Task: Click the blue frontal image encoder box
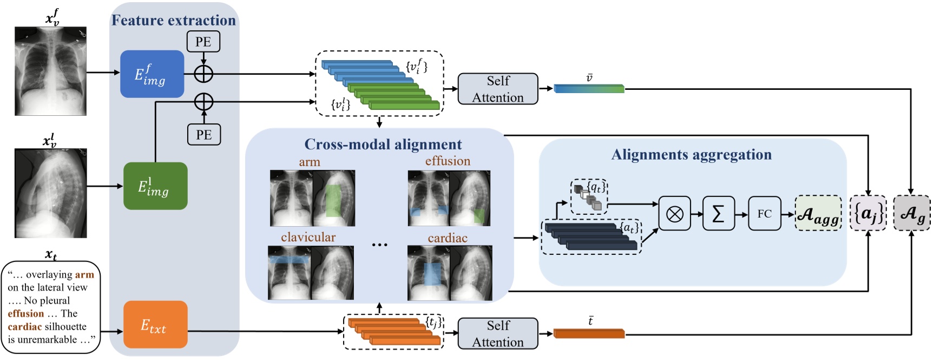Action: click(x=152, y=74)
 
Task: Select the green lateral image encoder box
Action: click(x=155, y=186)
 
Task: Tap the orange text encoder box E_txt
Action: click(x=155, y=325)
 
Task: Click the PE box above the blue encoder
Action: click(x=203, y=42)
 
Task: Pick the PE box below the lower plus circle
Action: click(x=204, y=135)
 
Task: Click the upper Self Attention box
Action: click(x=498, y=89)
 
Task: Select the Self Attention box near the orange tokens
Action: click(x=498, y=333)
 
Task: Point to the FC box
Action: click(x=764, y=214)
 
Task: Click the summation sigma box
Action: click(x=718, y=214)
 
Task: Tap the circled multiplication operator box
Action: click(x=674, y=214)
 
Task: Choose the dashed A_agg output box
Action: click(x=818, y=214)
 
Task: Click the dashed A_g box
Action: click(x=912, y=213)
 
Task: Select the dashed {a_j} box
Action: click(x=868, y=213)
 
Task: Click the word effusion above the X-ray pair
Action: click(x=448, y=161)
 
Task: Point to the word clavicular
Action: click(x=308, y=237)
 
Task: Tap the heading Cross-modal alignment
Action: click(x=383, y=145)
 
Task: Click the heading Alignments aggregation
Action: click(x=691, y=155)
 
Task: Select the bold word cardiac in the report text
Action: click(x=25, y=327)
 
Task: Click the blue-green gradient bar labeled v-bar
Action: click(x=589, y=89)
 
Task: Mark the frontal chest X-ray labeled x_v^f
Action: click(x=50, y=71)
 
